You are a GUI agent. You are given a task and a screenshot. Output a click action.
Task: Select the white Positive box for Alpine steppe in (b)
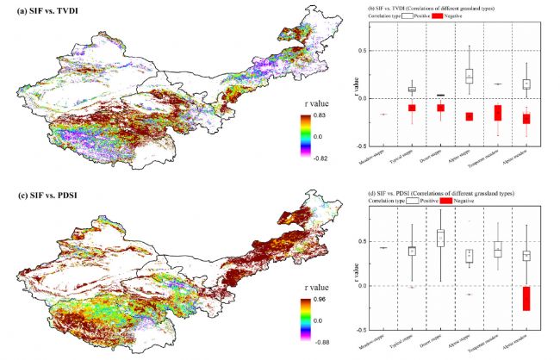[469, 76]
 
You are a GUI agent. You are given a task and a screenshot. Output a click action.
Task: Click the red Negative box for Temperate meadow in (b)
[497, 113]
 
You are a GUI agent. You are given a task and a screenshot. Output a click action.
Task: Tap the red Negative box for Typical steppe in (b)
[412, 108]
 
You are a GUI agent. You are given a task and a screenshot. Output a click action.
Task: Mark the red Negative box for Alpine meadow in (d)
[526, 298]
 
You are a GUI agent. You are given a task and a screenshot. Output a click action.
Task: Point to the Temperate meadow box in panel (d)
[497, 249]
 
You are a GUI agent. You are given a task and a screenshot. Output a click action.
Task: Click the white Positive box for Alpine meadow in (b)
[526, 84]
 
